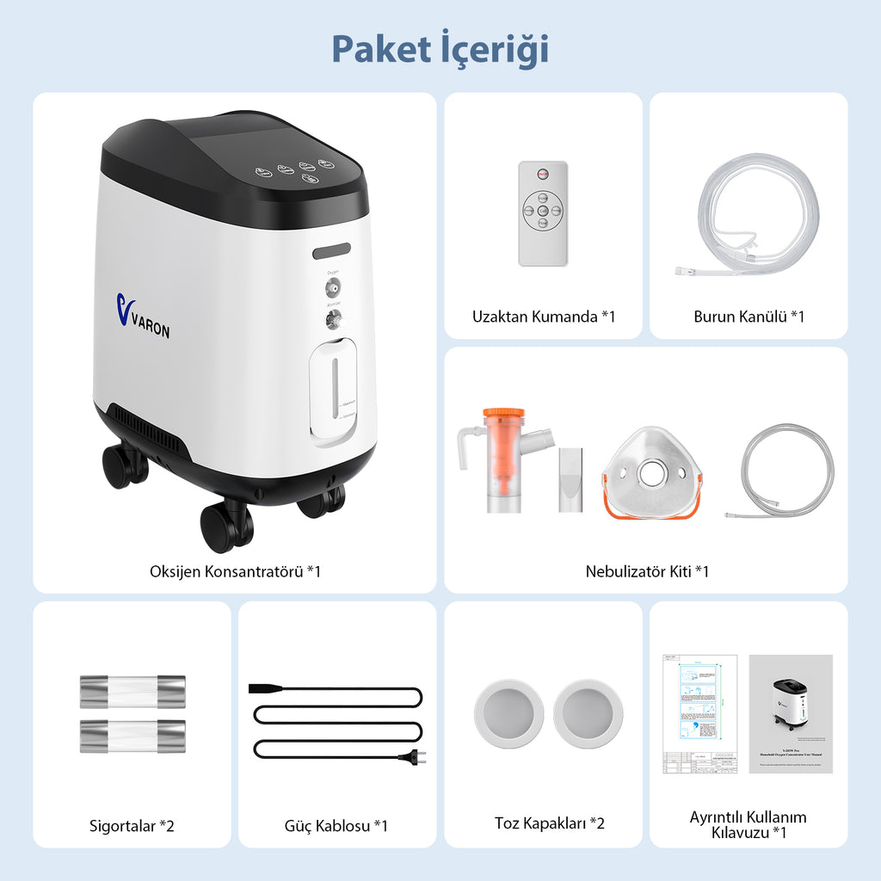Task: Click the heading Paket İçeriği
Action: point(440,50)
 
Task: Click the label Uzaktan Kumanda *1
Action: point(543,317)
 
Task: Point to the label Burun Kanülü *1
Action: point(749,317)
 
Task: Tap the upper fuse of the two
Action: point(132,692)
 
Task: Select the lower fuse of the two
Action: point(132,736)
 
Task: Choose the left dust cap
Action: point(509,713)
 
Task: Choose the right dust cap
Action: point(588,713)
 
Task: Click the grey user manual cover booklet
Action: point(790,713)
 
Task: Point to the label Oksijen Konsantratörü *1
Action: point(235,570)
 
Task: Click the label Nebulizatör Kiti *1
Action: point(646,570)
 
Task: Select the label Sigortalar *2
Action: point(132,825)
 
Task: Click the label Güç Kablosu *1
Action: point(336,825)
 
